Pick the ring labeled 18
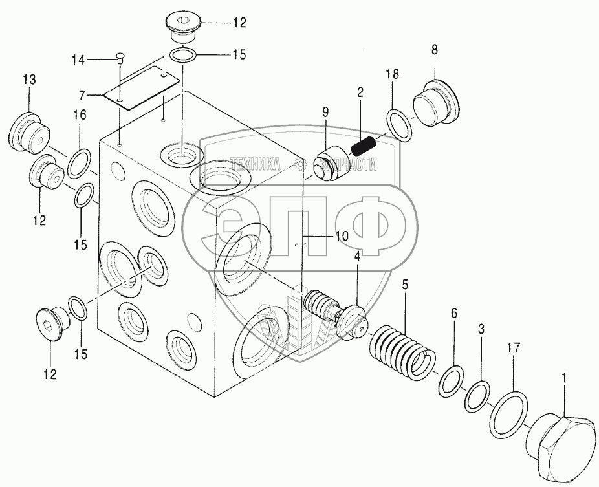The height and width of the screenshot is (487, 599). [399, 124]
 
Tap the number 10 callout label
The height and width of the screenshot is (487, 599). [342, 236]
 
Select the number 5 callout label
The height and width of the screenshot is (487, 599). [405, 283]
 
